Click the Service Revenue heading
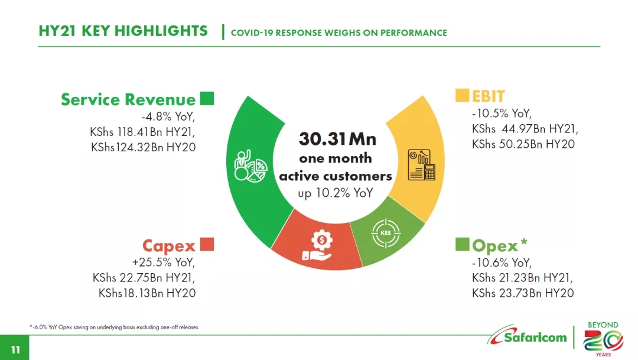128,99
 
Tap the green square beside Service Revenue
207,98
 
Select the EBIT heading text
488,96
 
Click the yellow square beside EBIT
462,95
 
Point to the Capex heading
168,245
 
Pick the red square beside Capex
207,244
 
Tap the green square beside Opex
462,244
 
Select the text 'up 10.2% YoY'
336,193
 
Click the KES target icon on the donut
385,233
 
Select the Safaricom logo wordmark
535,338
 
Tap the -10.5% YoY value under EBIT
502,113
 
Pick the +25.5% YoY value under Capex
163,262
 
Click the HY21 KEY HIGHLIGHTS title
123,31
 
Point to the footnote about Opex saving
114,327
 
